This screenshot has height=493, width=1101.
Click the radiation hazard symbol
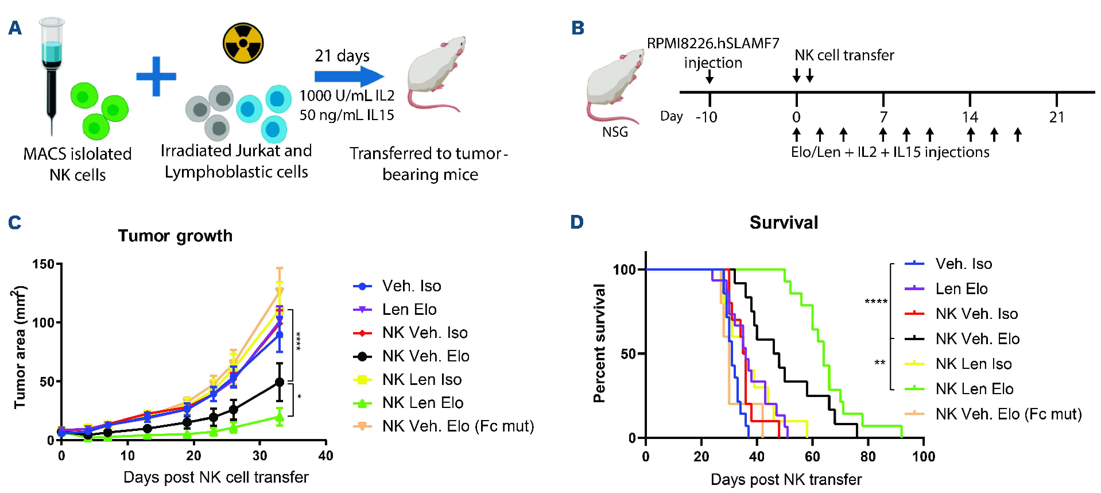tap(243, 43)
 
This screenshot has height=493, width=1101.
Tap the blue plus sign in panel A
tap(156, 76)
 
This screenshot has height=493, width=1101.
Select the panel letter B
tap(577, 28)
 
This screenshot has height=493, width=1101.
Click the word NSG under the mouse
tap(615, 132)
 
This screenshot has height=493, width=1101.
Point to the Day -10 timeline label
tap(706, 117)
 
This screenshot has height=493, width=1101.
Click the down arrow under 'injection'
tap(710, 77)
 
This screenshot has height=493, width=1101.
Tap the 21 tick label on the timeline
tap(1056, 118)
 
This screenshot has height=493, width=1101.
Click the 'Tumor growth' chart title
tap(175, 236)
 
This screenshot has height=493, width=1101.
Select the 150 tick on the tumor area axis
tap(43, 264)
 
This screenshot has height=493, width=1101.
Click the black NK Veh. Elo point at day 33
tap(280, 382)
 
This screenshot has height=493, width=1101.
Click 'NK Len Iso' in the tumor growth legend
tap(422, 379)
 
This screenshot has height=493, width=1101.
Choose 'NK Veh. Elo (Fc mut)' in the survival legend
tap(1008, 414)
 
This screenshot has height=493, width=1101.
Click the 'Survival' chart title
tap(784, 223)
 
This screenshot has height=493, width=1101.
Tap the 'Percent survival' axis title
tap(599, 343)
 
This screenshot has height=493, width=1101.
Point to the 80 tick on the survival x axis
tap(868, 457)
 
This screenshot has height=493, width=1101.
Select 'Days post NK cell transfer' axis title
tap(216, 477)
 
